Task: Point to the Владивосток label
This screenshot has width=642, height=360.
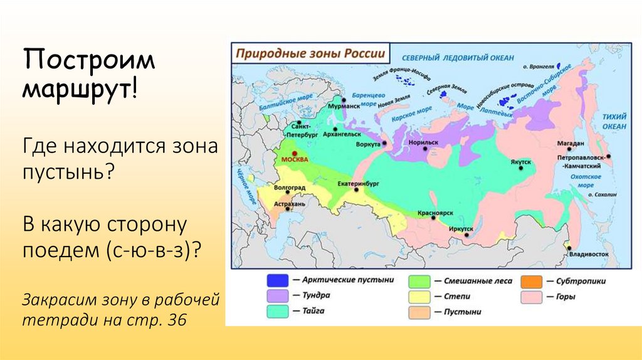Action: click(x=589, y=255)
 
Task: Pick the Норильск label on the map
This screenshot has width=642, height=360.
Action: click(x=423, y=142)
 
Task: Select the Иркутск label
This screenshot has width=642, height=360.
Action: click(x=461, y=229)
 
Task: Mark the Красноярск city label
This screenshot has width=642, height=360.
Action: click(x=435, y=213)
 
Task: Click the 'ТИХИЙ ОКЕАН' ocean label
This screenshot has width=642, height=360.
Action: click(x=614, y=122)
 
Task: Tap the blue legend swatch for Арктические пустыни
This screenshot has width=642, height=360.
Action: click(x=277, y=280)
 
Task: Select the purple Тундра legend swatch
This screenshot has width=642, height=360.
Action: click(x=277, y=295)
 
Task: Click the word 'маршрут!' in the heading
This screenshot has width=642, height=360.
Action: click(x=81, y=88)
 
